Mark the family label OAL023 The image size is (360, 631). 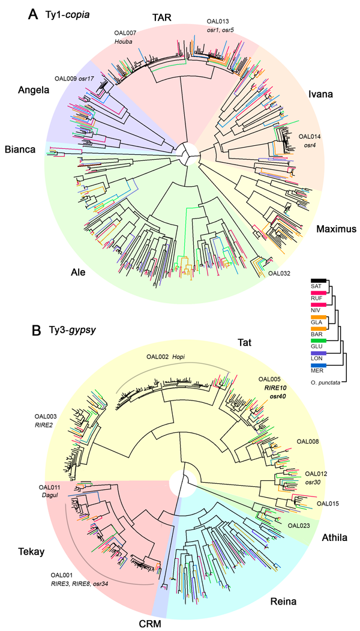(x=299, y=526)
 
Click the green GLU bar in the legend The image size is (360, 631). (x=318, y=341)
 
